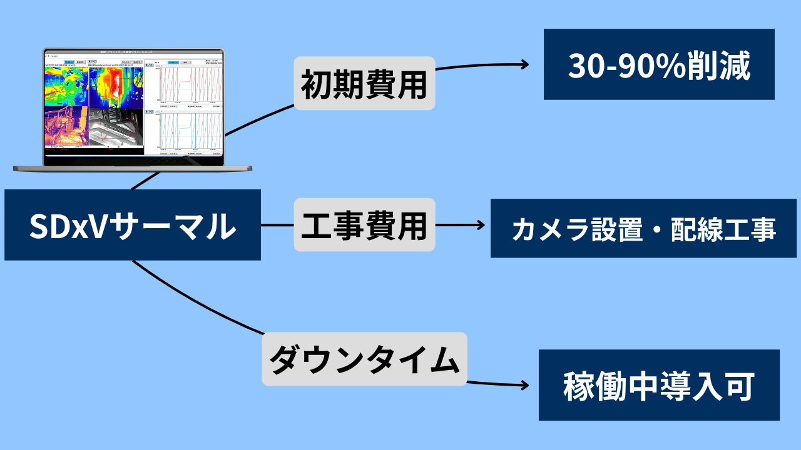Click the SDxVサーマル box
132,225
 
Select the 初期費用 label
364,83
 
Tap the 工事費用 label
364,225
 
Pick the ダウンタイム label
364,359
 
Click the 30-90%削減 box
658,64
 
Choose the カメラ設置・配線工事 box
643,228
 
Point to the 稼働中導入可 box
658,385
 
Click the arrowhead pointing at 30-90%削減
524,64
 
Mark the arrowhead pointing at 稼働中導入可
524,386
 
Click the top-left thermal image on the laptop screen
66,86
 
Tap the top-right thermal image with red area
116,86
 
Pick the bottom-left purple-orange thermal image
66,127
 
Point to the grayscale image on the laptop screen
116,127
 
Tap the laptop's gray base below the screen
133,168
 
